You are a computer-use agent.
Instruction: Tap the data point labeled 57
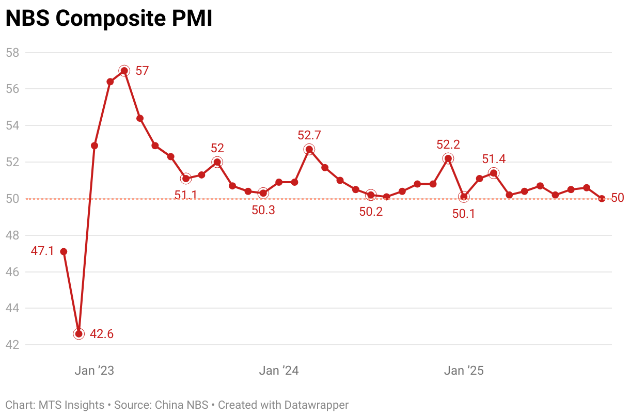[124, 71]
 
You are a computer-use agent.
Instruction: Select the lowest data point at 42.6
[78, 334]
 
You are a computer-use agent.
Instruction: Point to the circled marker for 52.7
[309, 150]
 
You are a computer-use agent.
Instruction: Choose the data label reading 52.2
[448, 145]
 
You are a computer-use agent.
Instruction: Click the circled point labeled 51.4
[494, 173]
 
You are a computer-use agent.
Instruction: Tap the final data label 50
[618, 198]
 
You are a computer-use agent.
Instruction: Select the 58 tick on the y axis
[12, 53]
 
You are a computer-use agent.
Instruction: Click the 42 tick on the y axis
[12, 345]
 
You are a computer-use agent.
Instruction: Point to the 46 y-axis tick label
[12, 271]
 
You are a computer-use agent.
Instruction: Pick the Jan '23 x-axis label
[94, 371]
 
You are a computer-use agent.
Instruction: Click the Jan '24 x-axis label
[279, 371]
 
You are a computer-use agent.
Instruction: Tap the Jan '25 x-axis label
[464, 371]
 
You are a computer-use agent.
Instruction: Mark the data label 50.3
[263, 211]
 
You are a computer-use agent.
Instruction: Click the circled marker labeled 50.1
[464, 197]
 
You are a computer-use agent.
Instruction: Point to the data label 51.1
[186, 195]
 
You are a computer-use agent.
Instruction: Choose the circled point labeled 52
[217, 162]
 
